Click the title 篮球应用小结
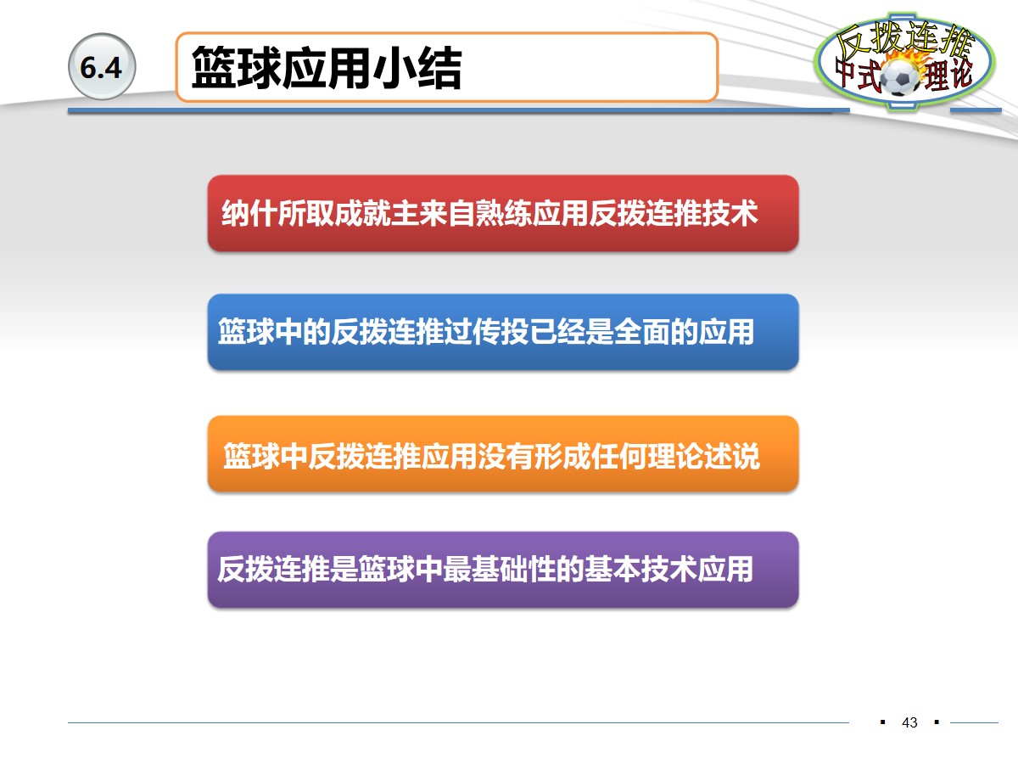pos(327,68)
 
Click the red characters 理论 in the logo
pos(948,76)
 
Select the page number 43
pos(910,722)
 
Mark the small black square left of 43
pos(883,722)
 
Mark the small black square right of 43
pos(937,722)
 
